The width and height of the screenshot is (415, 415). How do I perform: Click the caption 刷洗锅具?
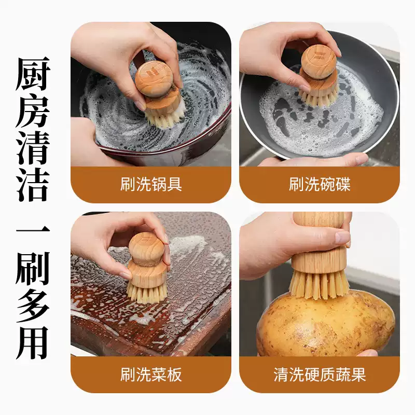[x=151, y=185]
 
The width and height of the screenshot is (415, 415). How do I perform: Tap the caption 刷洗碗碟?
[x=320, y=185]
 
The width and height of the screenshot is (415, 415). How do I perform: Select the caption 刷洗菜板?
[x=151, y=374]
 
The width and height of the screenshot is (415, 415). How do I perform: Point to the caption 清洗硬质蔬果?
[x=320, y=374]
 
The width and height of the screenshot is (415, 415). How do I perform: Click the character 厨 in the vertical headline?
[x=33, y=73]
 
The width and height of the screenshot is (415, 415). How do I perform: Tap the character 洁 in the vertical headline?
[x=33, y=184]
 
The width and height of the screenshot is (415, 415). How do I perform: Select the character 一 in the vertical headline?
[x=33, y=231]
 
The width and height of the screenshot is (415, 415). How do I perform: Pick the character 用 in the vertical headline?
[x=33, y=342]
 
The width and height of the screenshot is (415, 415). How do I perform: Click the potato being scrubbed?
[x=326, y=324]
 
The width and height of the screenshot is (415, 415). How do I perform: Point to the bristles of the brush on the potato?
[x=319, y=284]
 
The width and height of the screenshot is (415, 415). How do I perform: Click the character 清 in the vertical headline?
[x=33, y=147]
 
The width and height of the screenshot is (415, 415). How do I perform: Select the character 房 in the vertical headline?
[x=33, y=110]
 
